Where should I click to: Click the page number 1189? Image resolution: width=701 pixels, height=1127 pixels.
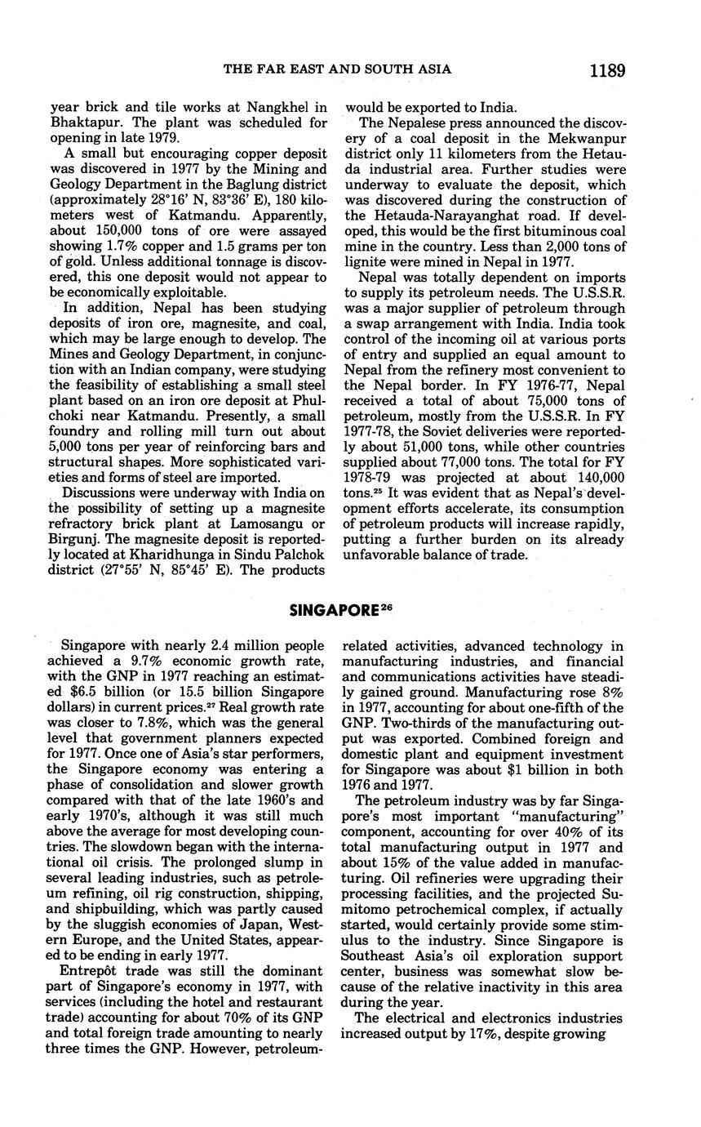pos(606,70)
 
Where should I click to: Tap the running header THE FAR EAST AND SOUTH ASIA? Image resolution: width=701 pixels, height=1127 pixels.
pos(337,69)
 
